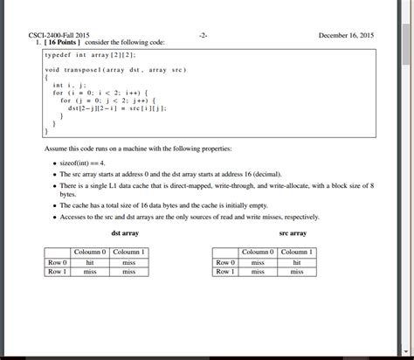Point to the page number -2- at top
203,35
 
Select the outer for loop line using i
103,92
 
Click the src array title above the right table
292,233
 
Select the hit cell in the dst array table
89,262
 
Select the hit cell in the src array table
298,262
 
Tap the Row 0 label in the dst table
57,262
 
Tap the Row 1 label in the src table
224,272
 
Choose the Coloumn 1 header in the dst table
129,253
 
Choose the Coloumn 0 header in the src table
258,253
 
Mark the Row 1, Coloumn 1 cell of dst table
129,272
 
